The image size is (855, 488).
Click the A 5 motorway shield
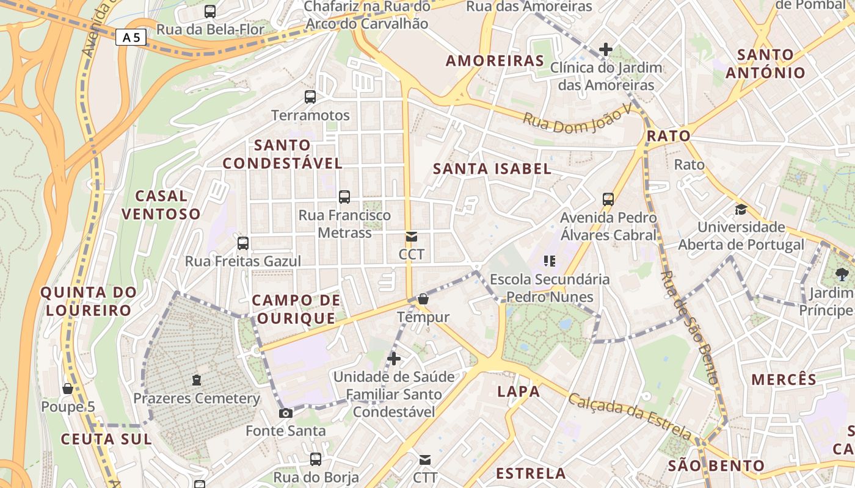pos(131,38)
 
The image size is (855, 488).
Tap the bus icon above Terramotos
pos(310,96)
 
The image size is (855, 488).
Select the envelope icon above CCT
pos(412,236)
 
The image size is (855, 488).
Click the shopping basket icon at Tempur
pos(423,299)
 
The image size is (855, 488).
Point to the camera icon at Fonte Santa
pos(285,413)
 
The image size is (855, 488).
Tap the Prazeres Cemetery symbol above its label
pos(196,380)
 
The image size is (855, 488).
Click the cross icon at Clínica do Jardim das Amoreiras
pos(606,49)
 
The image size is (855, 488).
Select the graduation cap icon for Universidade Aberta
pos(741,209)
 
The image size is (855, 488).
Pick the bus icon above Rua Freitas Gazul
pos(243,243)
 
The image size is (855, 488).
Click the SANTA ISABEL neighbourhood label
pos(492,169)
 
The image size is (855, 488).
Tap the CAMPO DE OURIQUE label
pos(296,309)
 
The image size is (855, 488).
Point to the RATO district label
pos(668,136)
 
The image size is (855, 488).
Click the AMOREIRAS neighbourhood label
pos(495,61)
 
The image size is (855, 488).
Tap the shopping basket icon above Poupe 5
pos(68,389)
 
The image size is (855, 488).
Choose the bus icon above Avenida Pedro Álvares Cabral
pos(608,199)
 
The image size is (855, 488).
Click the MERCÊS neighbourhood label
pos(784,379)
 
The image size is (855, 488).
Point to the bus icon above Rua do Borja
pos(316,459)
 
